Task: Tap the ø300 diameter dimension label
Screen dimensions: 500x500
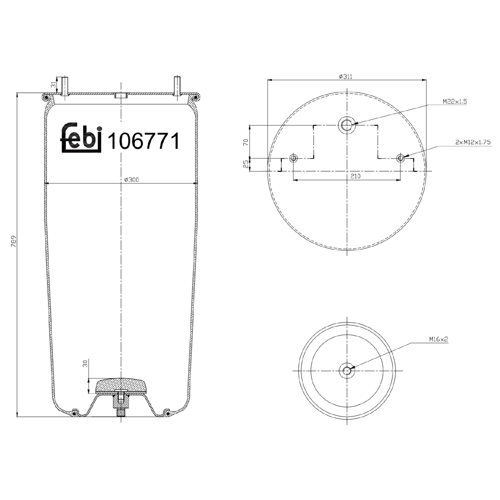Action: coord(131,180)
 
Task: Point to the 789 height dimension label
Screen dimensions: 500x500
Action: coord(14,241)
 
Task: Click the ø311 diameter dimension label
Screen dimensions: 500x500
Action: coord(345,77)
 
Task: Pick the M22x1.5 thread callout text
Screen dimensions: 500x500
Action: coord(455,101)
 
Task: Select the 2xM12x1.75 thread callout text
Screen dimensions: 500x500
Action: coord(473,142)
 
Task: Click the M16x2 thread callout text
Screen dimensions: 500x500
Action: coord(438,339)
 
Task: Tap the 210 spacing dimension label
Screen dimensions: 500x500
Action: coord(355,176)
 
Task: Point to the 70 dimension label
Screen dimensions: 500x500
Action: coord(246,142)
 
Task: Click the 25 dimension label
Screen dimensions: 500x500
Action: coord(246,164)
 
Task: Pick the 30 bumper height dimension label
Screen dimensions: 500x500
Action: coord(85,363)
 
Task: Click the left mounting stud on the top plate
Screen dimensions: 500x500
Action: coord(64,86)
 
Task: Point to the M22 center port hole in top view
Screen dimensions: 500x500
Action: coord(347,125)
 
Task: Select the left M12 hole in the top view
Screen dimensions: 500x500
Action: coord(293,158)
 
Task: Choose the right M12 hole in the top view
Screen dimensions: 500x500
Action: coord(401,158)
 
